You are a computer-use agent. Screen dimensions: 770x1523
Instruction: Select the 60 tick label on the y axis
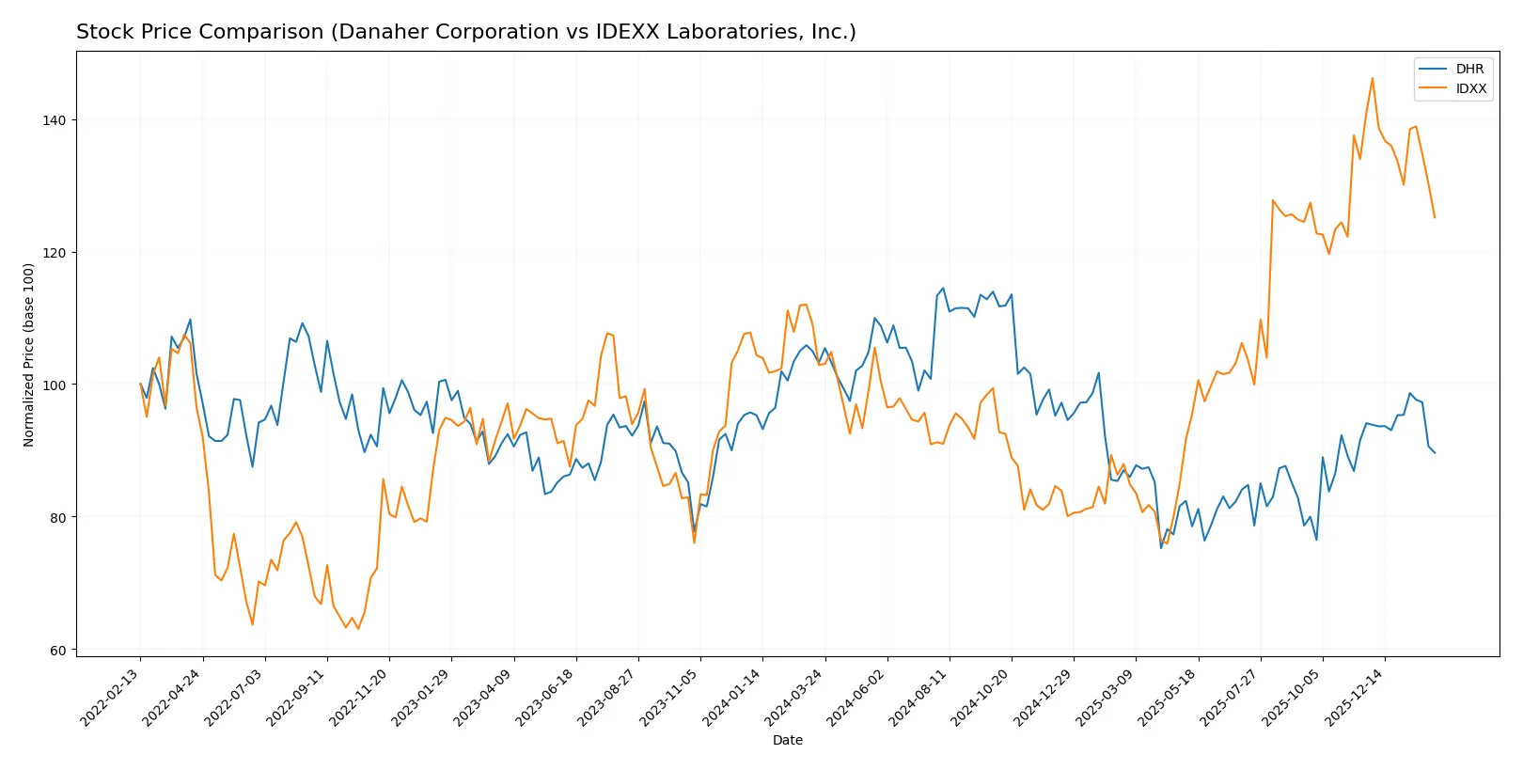(x=58, y=650)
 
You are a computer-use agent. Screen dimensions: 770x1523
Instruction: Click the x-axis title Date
(x=787, y=740)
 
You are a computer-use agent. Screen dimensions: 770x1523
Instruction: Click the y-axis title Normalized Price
(x=28, y=354)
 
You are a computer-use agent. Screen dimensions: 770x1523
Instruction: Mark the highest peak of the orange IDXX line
(x=1373, y=78)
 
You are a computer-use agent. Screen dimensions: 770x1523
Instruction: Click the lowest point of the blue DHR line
(x=1161, y=548)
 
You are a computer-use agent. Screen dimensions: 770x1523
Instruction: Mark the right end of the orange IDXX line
(x=1435, y=218)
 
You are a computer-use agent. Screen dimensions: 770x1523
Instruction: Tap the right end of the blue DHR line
(x=1435, y=453)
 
